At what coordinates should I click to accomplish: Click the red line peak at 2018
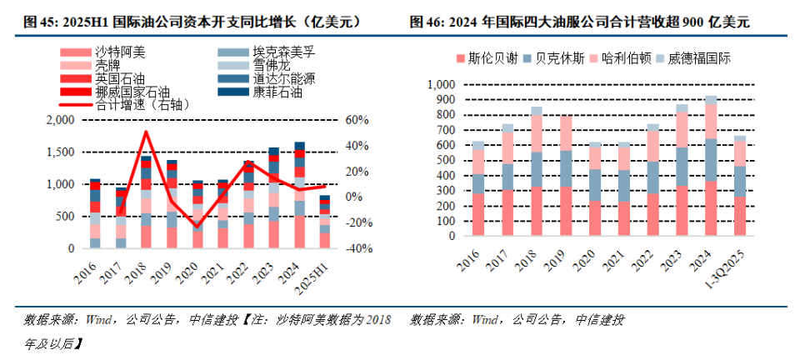click(x=147, y=132)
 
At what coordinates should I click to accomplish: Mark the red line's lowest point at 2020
click(x=197, y=227)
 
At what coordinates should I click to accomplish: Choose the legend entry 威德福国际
click(x=699, y=59)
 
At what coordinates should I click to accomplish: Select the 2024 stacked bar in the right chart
click(x=710, y=166)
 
